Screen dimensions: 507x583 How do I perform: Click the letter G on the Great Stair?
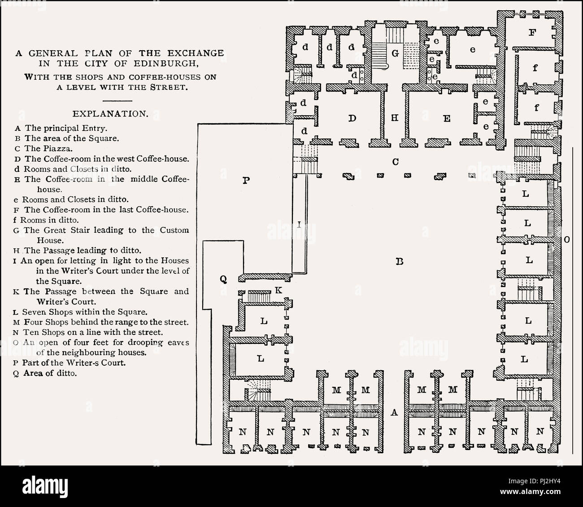coord(395,53)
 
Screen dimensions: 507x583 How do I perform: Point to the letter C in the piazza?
coord(395,161)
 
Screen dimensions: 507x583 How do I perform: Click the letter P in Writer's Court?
coord(245,181)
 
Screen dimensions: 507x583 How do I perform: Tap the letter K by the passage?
coord(278,290)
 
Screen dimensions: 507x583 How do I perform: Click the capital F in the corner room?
coord(532,32)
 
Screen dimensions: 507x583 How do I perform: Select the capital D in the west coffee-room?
coord(352,118)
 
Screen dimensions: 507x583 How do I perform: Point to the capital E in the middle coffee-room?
coord(446,118)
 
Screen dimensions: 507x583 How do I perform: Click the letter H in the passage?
coord(395,118)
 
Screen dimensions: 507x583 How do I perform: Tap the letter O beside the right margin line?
coord(566,240)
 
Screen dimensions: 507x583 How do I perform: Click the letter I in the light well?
coord(299,225)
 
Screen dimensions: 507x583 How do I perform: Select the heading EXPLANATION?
coord(110,114)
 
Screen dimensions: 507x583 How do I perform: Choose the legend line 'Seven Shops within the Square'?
coord(81,312)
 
